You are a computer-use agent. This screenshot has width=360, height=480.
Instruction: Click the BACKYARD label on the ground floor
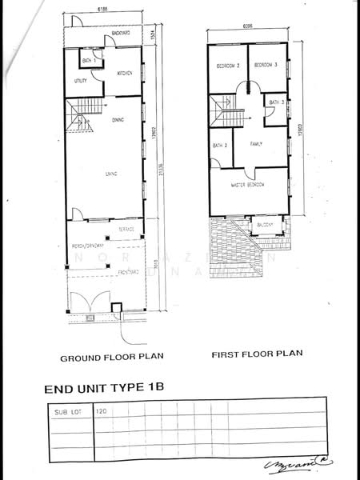pyautogui.click(x=121, y=33)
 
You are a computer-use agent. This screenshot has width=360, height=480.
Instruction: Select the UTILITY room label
pyautogui.click(x=80, y=81)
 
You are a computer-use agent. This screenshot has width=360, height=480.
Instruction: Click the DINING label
pyautogui.click(x=118, y=119)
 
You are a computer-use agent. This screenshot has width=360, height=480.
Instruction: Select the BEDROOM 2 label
pyautogui.click(x=225, y=65)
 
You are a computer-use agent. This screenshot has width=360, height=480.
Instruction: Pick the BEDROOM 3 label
pyautogui.click(x=265, y=65)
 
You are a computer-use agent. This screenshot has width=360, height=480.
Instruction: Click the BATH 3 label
pyautogui.click(x=276, y=103)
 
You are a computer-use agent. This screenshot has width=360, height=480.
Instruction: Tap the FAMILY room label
pyautogui.click(x=256, y=144)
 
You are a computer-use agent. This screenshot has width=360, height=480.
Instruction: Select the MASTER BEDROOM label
pyautogui.click(x=248, y=185)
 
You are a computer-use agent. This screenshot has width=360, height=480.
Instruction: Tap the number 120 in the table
pyautogui.click(x=102, y=412)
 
